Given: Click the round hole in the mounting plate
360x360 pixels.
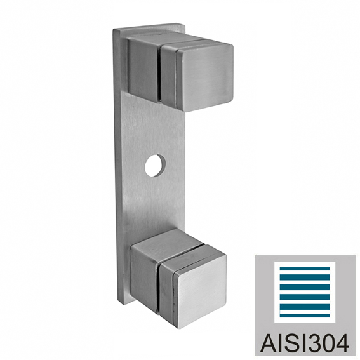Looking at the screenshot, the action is [x=155, y=165].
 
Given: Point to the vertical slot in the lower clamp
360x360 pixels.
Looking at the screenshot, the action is [x=159, y=289].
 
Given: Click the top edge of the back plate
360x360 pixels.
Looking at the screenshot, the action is [x=149, y=25].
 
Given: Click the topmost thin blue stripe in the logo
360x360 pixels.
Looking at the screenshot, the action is [x=305, y=269].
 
